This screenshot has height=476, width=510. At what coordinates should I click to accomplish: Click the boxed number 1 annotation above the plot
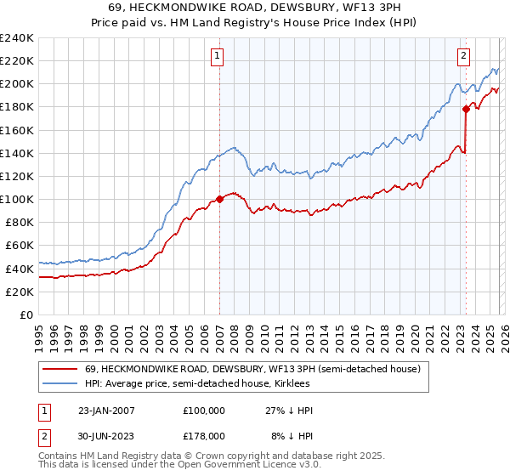click(x=218, y=57)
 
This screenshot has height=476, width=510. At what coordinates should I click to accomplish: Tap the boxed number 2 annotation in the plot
click(x=464, y=57)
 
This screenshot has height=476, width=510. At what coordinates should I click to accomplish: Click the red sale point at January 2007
click(x=219, y=199)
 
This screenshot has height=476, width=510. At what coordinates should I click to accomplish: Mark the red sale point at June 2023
click(x=466, y=109)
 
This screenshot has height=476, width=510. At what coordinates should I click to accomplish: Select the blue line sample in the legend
click(x=60, y=384)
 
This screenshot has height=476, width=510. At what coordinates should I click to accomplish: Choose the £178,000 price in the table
click(x=203, y=435)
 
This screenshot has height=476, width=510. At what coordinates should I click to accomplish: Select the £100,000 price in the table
click(x=203, y=411)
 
